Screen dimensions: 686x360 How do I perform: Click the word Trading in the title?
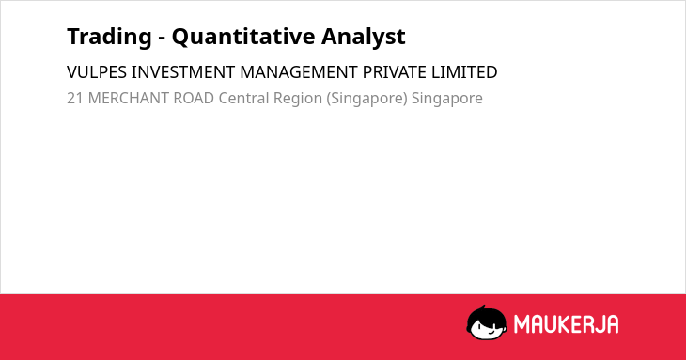pos(109,37)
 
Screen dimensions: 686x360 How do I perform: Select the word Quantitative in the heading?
pos(243,37)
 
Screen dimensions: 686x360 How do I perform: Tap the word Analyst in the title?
pos(364,37)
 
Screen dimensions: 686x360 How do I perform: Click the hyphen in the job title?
pos(162,39)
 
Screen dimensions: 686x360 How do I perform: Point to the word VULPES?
pos(97,72)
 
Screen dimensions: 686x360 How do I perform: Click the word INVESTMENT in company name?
pos(183,72)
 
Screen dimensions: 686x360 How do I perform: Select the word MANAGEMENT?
pos(299,72)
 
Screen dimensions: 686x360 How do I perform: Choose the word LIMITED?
pos(464,72)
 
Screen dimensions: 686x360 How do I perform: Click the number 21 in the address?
pos(75,98)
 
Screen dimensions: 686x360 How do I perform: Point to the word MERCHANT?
pos(128,98)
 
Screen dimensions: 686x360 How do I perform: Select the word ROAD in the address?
pos(194,98)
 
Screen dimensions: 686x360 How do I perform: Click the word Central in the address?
pos(243,98)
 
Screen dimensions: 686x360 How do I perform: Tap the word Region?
pos(298,99)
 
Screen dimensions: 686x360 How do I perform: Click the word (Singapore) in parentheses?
pos(366,99)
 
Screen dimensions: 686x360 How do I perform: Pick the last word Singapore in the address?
pos(446,99)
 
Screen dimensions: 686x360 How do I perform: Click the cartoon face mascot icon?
pos(487,322)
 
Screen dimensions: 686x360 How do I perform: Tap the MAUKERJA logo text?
pos(566,324)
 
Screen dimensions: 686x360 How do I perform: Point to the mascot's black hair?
pos(486,314)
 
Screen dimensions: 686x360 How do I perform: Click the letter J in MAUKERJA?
pos(598,324)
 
